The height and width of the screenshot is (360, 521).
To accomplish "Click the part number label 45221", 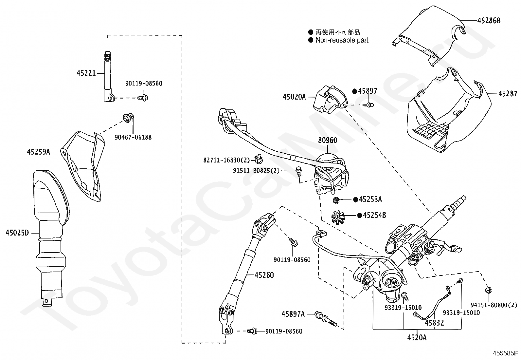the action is pos(86,73).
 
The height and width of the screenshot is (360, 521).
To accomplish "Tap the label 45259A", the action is pos(38,152).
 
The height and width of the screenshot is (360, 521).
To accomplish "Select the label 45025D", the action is pos(17,233).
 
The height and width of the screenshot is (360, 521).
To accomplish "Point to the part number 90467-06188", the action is pos(133,137).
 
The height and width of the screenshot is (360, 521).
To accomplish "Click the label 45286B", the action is pos(489,21).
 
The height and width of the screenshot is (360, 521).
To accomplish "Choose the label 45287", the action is pos(508,94).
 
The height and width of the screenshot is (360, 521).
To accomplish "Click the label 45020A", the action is pos(294,97).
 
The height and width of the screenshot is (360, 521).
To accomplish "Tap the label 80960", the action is pos(328,140).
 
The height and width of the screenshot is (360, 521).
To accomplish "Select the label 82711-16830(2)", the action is pos(226,160).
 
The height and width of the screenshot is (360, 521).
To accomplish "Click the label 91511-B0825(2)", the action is pos(256,171).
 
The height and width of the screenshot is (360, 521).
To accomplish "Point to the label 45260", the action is pos(264,275).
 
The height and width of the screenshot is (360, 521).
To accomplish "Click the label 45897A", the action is pos(293,314).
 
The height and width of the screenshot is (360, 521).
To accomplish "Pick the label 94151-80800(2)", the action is pos(494,305).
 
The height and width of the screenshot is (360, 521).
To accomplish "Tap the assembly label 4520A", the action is pos(417,337).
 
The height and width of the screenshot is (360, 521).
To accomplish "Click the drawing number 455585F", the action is pos(505,353).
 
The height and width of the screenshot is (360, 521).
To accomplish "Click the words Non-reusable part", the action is pos(342,40).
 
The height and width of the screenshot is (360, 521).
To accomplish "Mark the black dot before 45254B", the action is pos(360,216).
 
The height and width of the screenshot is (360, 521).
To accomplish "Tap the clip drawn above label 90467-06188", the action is pos(128,118).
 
